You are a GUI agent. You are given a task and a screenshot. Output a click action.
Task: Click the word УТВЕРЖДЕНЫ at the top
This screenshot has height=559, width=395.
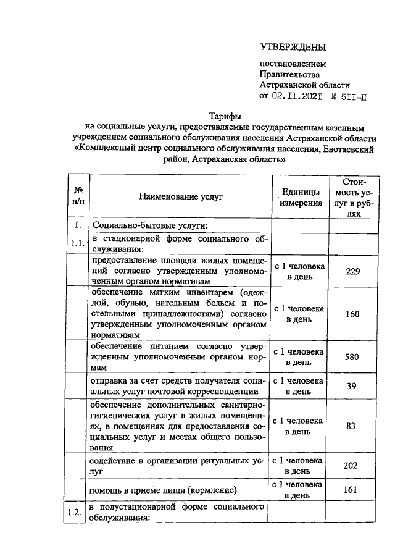[292, 48]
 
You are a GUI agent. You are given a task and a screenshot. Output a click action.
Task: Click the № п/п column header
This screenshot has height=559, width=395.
[78, 196]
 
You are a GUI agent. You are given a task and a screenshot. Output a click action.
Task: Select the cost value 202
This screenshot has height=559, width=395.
[351, 466]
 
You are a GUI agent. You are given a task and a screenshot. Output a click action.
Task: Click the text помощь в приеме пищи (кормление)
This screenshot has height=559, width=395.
[164, 491]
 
